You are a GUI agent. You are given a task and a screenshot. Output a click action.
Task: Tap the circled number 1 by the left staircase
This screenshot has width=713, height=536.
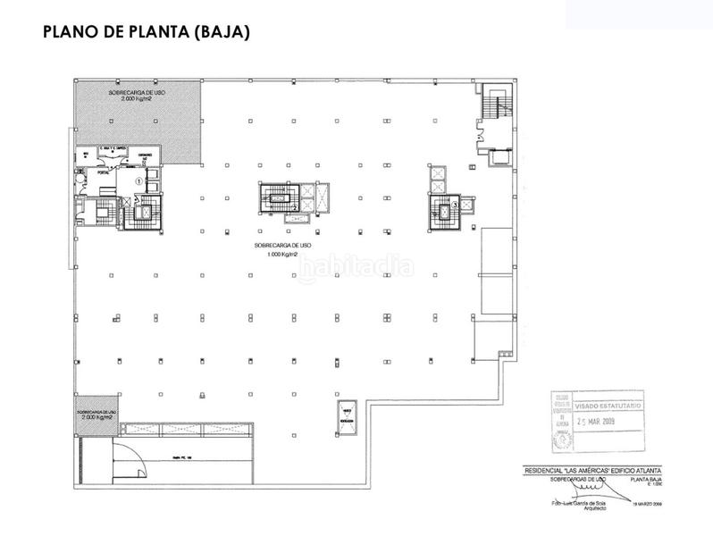[138, 180]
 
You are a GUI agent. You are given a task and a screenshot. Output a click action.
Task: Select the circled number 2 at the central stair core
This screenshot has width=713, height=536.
[295, 208]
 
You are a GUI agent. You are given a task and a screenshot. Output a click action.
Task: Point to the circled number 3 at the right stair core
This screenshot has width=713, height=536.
[455, 205]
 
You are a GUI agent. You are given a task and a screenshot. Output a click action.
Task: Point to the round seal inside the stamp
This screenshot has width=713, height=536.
[563, 439]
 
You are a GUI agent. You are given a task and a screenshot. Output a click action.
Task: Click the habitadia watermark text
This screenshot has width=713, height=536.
[356, 267]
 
